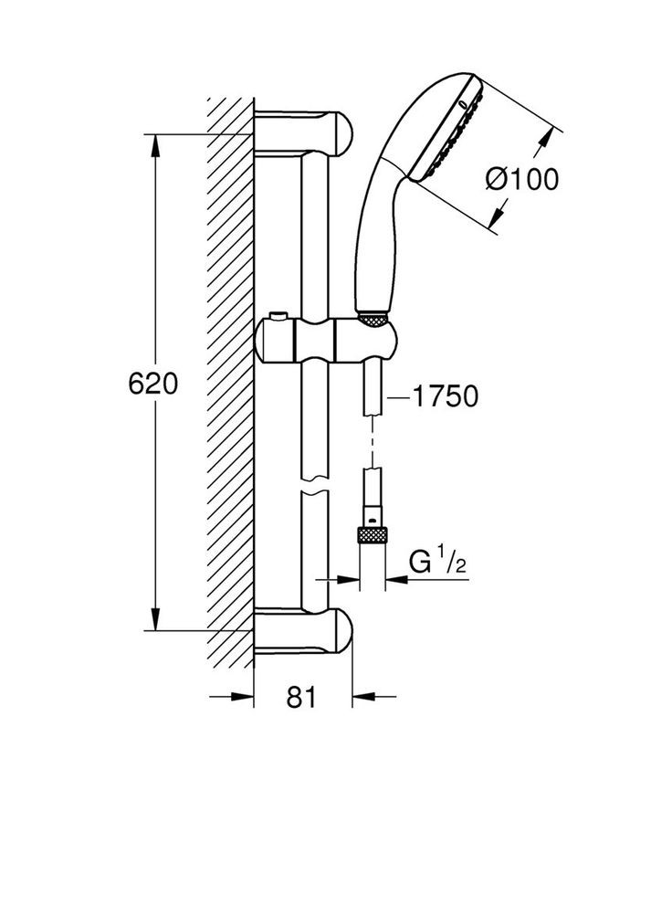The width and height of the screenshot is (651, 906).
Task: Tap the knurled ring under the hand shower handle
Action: pos(373,319)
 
